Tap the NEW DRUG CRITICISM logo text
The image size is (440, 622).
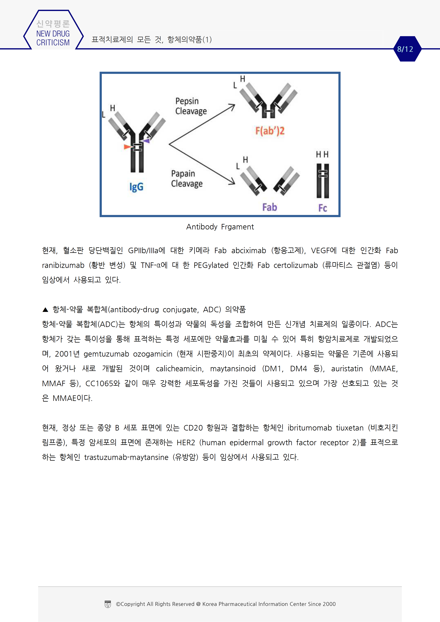[x=53, y=38]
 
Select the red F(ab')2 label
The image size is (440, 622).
[x=270, y=131]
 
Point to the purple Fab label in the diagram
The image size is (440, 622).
[x=269, y=207]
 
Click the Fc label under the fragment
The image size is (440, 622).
[x=323, y=208]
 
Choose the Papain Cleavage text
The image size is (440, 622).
[x=187, y=179]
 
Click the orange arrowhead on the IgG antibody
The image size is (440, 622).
[x=127, y=147]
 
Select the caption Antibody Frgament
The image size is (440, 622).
[x=220, y=227]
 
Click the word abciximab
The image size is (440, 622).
[x=249, y=251]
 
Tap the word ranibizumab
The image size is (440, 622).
[x=63, y=265]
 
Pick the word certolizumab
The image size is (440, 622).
[x=296, y=265]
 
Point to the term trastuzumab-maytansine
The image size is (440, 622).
[x=126, y=457]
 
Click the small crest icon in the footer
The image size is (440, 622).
[x=108, y=604]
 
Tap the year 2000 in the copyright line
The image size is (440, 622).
[x=329, y=604]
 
